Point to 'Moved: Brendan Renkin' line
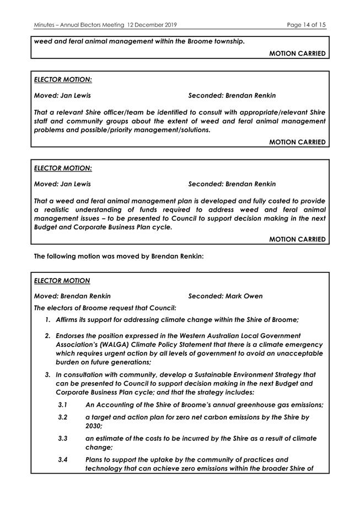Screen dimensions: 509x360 click(72, 296)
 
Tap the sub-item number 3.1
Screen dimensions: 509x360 click(63, 405)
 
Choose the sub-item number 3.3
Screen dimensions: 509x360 click(63, 438)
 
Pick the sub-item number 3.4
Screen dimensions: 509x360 click(63, 459)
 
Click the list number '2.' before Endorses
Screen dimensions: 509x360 click(48, 335)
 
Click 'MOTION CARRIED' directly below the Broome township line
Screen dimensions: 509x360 click(297, 53)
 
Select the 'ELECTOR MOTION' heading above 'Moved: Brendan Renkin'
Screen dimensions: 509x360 click(62, 281)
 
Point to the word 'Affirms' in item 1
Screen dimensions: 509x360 click(69, 320)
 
